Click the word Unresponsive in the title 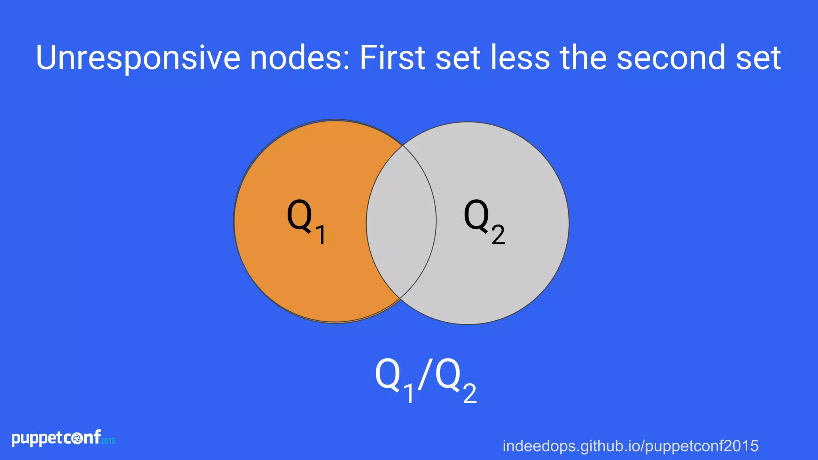(138, 58)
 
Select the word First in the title (393, 58)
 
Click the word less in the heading (520, 58)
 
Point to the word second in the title (671, 58)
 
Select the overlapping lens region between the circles (401, 222)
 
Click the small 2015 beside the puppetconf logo (108, 441)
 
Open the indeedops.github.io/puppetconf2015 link (630, 446)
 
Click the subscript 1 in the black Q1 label (320, 234)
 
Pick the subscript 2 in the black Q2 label (498, 234)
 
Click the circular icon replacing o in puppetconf (77, 439)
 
